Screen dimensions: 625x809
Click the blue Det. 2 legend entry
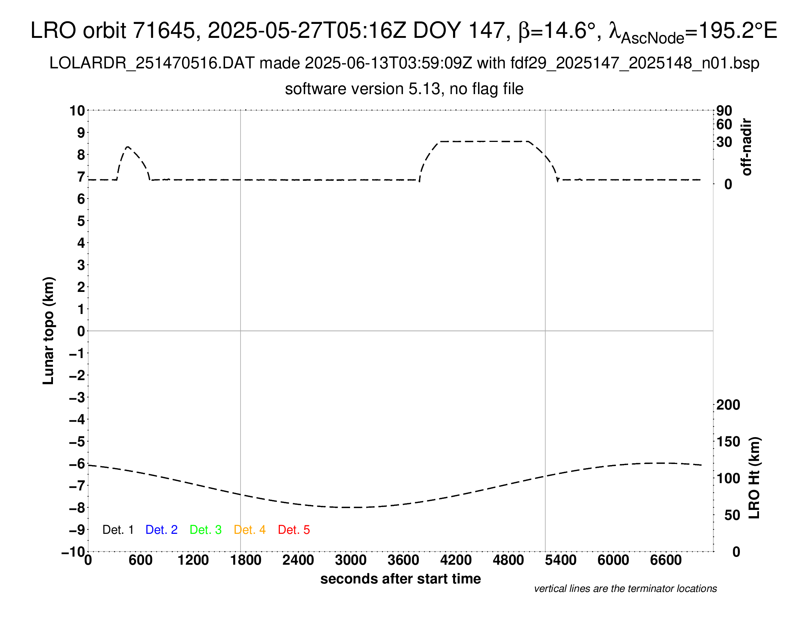tap(161, 530)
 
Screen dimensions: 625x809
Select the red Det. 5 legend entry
tap(294, 530)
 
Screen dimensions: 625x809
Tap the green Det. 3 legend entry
tap(206, 530)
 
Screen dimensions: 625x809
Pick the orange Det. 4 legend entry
tap(250, 530)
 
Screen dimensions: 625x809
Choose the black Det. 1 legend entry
tap(118, 530)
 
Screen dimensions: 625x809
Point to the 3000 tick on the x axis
tap(351, 560)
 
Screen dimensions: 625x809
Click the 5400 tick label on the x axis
tap(560, 560)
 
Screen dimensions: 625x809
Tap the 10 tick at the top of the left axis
tap(77, 110)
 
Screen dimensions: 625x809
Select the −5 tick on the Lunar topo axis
tap(77, 442)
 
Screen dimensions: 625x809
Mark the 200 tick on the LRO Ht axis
tap(728, 405)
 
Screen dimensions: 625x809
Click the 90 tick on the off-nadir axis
tap(724, 110)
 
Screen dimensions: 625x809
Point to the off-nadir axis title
tap(746, 147)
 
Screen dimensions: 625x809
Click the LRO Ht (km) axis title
tap(754, 478)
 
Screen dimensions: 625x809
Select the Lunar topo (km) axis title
tap(49, 331)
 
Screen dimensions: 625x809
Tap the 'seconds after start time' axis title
tap(400, 579)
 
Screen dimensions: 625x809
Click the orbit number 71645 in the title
tap(164, 31)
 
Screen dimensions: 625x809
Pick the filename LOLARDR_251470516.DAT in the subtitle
tap(152, 63)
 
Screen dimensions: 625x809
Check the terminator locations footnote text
tap(625, 589)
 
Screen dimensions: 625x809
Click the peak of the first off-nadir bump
tap(128, 147)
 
